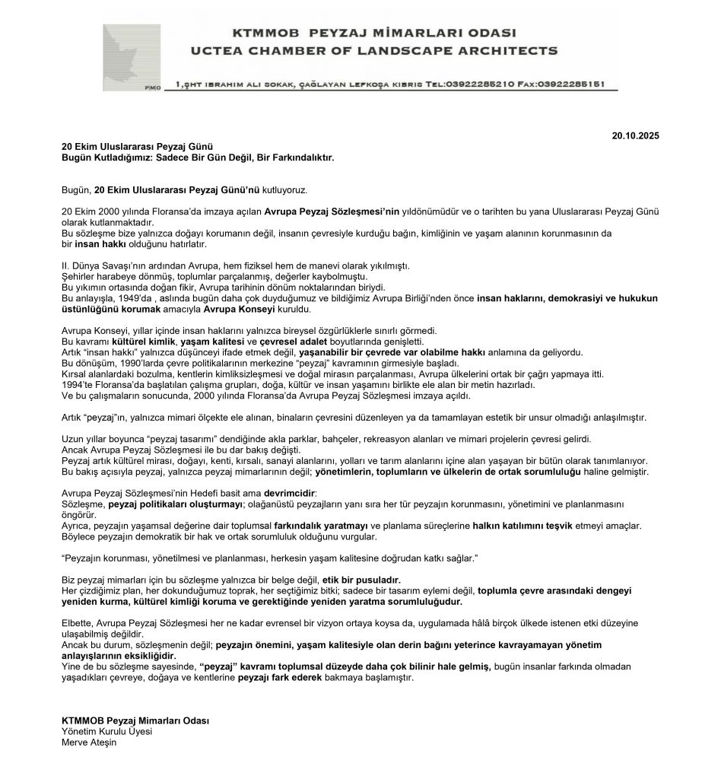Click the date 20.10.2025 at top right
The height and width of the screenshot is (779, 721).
tap(636, 135)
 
